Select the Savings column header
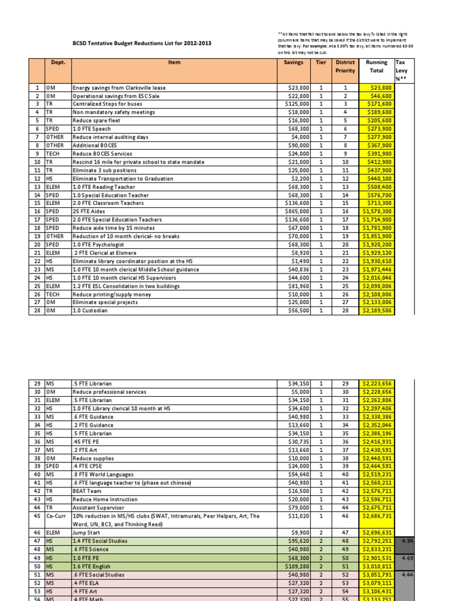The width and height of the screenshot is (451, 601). click(x=293, y=62)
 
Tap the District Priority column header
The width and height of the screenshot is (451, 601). click(x=345, y=66)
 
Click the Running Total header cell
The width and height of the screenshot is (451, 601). click(x=376, y=66)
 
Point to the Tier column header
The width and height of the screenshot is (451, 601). click(x=321, y=62)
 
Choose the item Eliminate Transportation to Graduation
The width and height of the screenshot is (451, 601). click(x=123, y=178)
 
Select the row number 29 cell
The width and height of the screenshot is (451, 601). click(x=36, y=384)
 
